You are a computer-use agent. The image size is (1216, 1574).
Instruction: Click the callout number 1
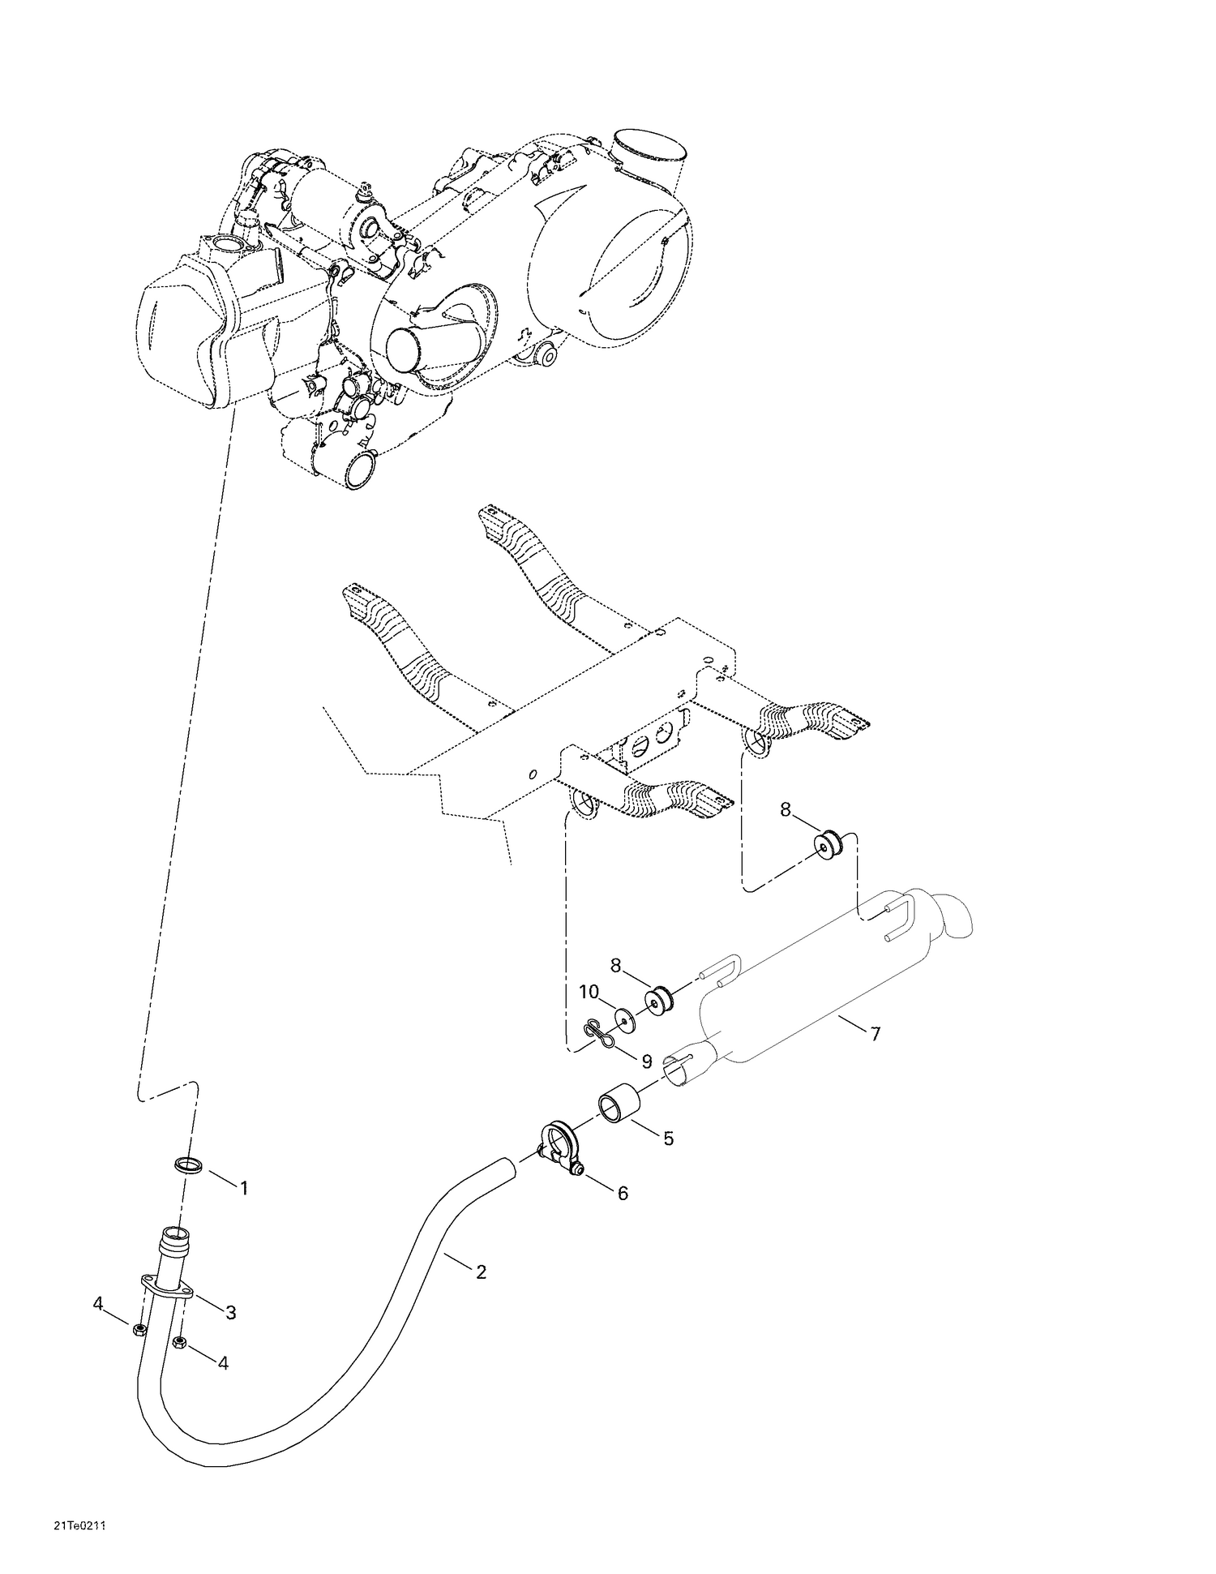tap(243, 1188)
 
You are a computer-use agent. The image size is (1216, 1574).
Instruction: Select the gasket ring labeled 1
tap(189, 1166)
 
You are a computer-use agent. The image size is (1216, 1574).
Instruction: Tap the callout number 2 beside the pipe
tap(482, 1272)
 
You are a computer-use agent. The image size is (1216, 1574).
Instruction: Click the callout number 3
tap(231, 1312)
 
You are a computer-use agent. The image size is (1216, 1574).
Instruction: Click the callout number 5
tap(668, 1139)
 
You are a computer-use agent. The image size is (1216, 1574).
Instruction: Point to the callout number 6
tap(623, 1193)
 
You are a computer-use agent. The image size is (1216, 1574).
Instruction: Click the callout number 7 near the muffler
tap(875, 1034)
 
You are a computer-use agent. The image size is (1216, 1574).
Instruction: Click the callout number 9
tap(646, 1061)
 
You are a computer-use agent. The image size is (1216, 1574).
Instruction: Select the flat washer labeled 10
tap(624, 1019)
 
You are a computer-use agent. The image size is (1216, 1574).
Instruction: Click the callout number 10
tap(589, 991)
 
